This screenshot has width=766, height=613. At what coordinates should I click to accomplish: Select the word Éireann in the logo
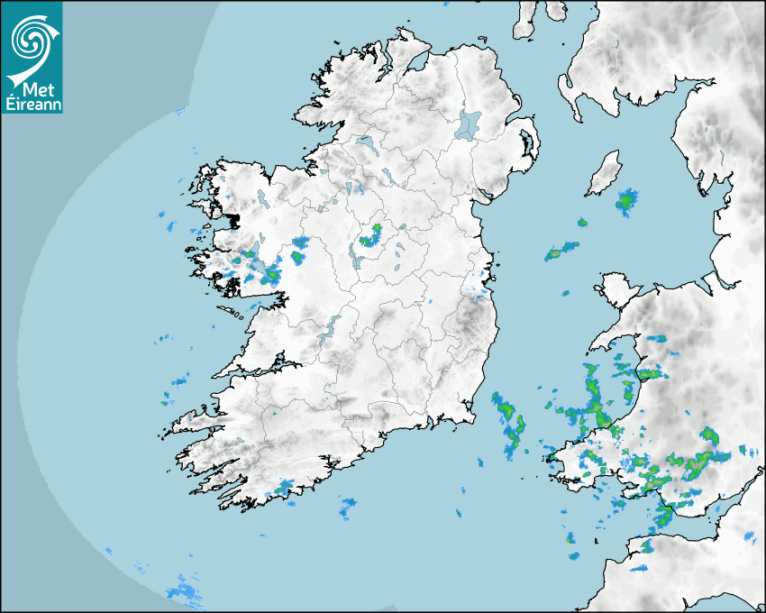pos(32,104)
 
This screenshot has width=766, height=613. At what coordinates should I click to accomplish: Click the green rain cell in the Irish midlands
pos(370,238)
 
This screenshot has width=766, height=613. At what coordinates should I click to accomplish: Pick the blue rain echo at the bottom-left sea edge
pos(185,591)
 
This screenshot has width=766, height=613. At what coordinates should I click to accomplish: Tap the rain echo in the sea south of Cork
pos(348,508)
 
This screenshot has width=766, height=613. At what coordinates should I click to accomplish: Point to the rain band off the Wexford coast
pos(508,419)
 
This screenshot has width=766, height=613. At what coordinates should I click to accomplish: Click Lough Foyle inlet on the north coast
pos(415,64)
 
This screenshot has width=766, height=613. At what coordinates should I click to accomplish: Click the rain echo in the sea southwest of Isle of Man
pos(561,252)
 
